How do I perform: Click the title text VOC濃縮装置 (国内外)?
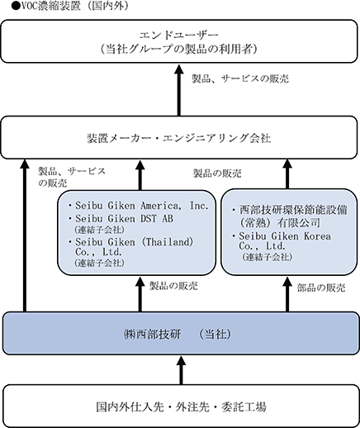(x=71, y=6)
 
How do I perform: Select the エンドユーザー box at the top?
(x=179, y=41)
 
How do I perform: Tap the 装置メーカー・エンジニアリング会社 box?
(x=179, y=137)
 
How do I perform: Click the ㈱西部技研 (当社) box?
(x=181, y=333)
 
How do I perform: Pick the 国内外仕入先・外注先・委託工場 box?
(x=181, y=407)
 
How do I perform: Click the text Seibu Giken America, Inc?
(x=142, y=206)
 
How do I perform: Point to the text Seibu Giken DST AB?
(x=125, y=219)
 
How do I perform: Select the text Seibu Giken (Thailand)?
(x=135, y=242)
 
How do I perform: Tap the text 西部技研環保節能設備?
(x=293, y=210)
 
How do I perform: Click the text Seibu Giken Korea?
(x=285, y=236)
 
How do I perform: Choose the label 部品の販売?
(x=321, y=288)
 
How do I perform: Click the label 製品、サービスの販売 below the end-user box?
(x=240, y=78)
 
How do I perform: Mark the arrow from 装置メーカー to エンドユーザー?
(x=179, y=90)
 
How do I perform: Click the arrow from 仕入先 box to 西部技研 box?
(x=181, y=370)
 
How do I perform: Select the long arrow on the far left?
(x=25, y=235)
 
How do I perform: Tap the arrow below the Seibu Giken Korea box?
(x=287, y=294)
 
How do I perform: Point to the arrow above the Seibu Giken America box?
(x=140, y=175)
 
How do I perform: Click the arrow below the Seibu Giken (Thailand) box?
(x=140, y=294)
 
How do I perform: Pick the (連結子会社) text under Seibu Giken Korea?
(x=267, y=257)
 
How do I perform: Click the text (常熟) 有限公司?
(x=280, y=223)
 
